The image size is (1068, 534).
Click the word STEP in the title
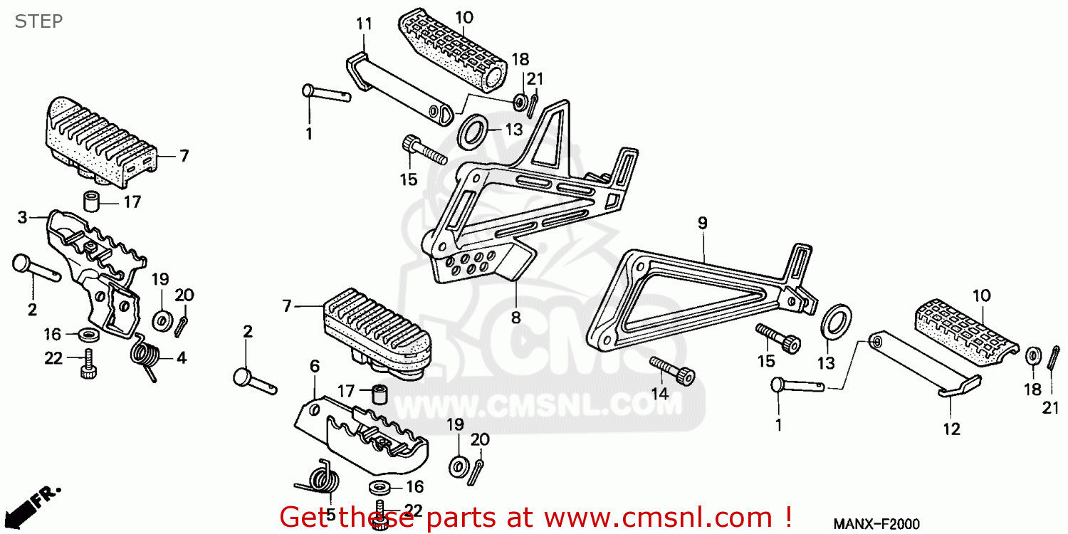coord(38,21)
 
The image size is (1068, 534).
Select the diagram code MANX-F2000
coord(876,525)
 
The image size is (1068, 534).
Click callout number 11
coord(364,23)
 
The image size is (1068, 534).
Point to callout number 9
coord(702,223)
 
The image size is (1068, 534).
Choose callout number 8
coord(516,318)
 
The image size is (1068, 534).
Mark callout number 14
coord(660,394)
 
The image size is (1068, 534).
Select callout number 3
coord(22,217)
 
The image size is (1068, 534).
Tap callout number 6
coord(315,366)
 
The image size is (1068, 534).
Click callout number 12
coord(952,429)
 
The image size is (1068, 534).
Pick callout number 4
coord(181,358)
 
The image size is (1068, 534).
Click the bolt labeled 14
coord(672,371)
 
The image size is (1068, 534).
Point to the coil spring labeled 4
coord(143,357)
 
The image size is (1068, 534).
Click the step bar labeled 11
coord(399,90)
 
